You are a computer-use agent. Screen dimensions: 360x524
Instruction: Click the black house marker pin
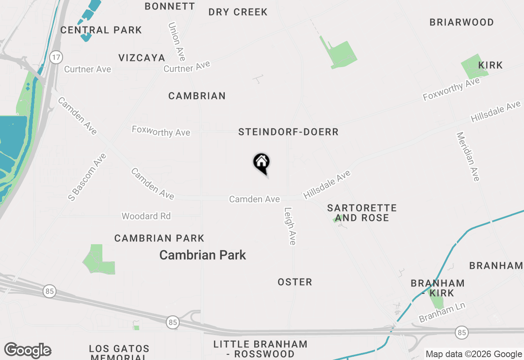pyautogui.click(x=262, y=163)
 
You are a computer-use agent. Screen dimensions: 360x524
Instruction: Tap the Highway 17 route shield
pyautogui.click(x=56, y=57)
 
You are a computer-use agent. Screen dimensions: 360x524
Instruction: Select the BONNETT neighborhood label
pyautogui.click(x=169, y=6)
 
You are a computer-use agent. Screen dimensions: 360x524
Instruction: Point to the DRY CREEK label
pyautogui.click(x=238, y=12)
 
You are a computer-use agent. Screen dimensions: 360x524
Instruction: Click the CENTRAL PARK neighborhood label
pyautogui.click(x=101, y=30)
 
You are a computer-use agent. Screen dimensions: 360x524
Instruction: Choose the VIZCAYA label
pyautogui.click(x=142, y=58)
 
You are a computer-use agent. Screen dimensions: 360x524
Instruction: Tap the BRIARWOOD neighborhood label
pyautogui.click(x=461, y=22)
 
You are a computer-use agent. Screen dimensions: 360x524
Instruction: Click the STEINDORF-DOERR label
pyautogui.click(x=288, y=132)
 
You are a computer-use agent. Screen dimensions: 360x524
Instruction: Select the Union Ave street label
pyautogui.click(x=177, y=41)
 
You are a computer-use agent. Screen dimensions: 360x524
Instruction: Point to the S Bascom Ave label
pyautogui.click(x=87, y=177)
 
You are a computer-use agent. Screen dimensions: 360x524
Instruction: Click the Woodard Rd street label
pyautogui.click(x=146, y=216)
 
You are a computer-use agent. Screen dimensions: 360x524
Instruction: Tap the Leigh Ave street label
pyautogui.click(x=290, y=226)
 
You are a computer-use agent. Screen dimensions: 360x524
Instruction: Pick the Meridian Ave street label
pyautogui.click(x=468, y=156)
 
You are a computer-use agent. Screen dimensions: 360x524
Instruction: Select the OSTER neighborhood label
pyautogui.click(x=295, y=282)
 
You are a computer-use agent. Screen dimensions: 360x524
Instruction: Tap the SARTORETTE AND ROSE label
pyautogui.click(x=362, y=213)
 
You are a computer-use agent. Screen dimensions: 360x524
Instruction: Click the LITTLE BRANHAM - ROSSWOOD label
pyautogui.click(x=260, y=349)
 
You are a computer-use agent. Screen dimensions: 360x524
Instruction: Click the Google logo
pyautogui.click(x=27, y=351)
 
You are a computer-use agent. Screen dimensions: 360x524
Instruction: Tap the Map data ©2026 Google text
pyautogui.click(x=474, y=354)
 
